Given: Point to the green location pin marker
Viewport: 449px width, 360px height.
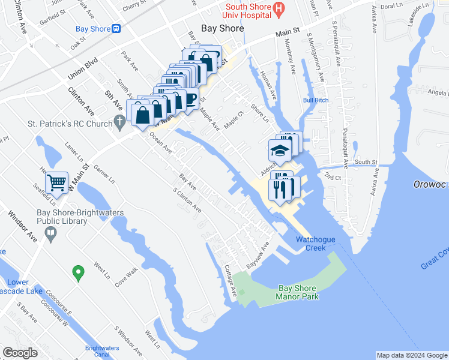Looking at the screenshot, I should point(77,273).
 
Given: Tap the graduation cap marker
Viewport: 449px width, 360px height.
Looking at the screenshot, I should point(280,150).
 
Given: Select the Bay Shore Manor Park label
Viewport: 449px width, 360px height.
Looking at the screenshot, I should point(298,292).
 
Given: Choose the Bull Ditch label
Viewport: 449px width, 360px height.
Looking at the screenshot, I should point(316,100).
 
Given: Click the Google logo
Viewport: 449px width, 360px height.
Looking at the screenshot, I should point(20,353).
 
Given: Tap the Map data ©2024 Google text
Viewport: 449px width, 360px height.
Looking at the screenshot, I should point(412,355).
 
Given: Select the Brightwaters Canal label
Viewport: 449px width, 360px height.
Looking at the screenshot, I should point(102,350).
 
